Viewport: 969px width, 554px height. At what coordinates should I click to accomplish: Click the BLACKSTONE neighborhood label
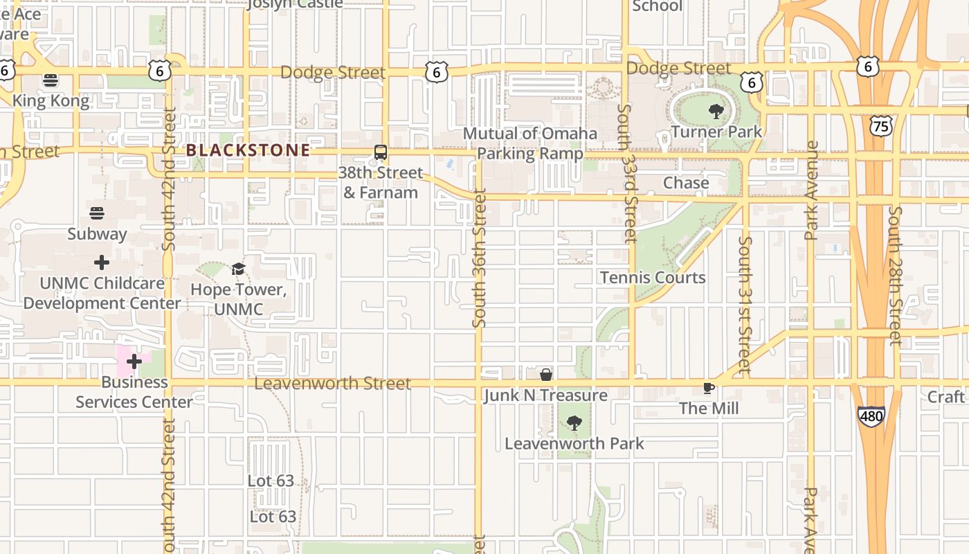(248, 150)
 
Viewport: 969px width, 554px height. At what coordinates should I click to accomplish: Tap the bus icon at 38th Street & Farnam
(380, 152)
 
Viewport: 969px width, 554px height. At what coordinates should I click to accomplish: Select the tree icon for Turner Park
(716, 111)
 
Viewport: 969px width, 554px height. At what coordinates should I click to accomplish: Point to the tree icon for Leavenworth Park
(574, 423)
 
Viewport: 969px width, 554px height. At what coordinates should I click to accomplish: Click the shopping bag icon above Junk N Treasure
(546, 375)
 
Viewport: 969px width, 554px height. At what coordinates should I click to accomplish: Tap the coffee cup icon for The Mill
(708, 388)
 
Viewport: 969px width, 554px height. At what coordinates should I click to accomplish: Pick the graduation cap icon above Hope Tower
(238, 269)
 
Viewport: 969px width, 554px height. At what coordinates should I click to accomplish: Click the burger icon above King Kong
(50, 80)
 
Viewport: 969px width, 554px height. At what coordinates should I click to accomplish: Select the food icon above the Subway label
(97, 213)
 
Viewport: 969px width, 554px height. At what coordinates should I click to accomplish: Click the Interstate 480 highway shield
(871, 415)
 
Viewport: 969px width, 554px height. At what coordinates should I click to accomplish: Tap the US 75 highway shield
(881, 125)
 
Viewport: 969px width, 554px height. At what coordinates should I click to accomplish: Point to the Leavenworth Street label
(332, 384)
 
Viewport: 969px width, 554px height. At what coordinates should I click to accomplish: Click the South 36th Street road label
(479, 258)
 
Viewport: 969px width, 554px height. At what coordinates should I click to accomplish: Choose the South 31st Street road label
(745, 305)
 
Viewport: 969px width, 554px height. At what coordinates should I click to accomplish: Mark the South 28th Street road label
(895, 275)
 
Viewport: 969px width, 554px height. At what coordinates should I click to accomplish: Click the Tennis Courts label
(653, 278)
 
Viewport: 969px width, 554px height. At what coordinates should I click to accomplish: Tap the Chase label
(686, 183)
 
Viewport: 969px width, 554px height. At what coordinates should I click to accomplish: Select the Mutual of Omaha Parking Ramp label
(530, 143)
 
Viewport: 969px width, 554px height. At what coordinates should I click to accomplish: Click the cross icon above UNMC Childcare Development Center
(102, 262)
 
